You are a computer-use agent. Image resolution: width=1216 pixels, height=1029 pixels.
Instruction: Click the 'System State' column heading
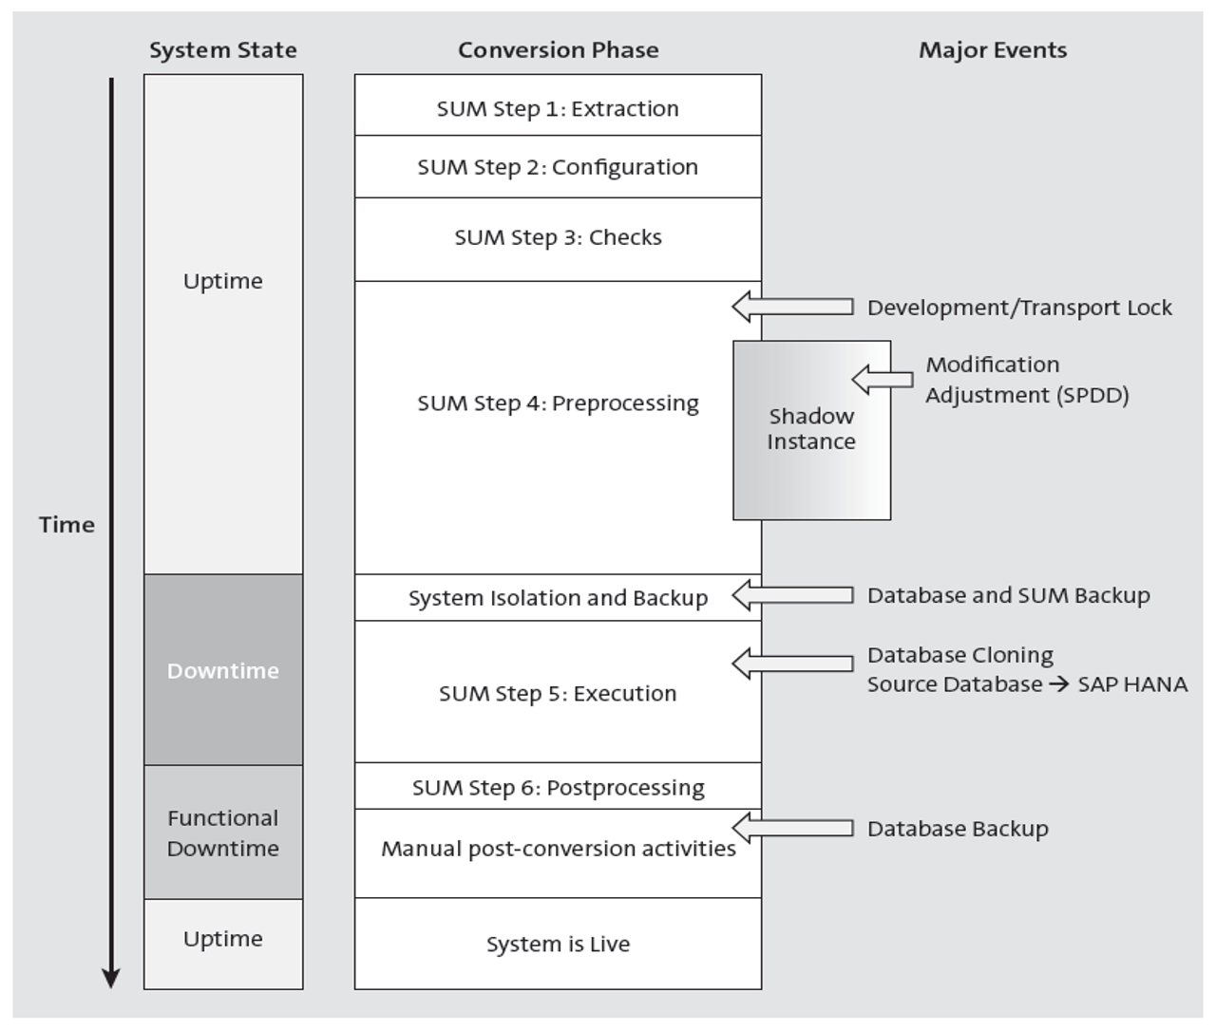(x=222, y=50)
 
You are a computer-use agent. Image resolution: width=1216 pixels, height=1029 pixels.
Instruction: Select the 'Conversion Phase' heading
(x=558, y=50)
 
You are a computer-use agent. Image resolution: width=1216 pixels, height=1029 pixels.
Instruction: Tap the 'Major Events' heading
(x=992, y=50)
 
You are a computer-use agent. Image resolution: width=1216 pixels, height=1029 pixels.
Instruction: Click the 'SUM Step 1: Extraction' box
(x=558, y=108)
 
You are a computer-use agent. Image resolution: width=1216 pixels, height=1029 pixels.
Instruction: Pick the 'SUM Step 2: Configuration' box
(x=558, y=167)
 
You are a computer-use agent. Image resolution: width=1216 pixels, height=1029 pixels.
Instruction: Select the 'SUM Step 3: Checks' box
(x=558, y=237)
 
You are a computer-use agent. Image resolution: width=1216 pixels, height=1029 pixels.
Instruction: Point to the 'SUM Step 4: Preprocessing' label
(x=558, y=403)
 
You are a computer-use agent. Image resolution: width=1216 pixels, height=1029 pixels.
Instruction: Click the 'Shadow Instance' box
(x=811, y=429)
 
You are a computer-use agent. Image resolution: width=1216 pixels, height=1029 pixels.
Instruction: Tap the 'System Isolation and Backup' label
(x=558, y=598)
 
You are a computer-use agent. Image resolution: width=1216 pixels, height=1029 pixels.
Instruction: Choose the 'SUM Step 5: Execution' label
(x=558, y=694)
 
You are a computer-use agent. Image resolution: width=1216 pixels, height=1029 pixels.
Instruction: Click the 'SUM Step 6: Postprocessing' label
(x=558, y=788)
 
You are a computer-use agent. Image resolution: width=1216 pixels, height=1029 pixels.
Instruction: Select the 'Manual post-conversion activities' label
(x=558, y=849)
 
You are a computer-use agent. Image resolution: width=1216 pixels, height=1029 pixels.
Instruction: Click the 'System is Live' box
(x=558, y=945)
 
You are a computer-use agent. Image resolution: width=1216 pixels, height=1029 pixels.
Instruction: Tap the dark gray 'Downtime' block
(x=223, y=670)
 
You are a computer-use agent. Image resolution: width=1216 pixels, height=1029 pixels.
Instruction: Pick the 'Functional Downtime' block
(x=223, y=833)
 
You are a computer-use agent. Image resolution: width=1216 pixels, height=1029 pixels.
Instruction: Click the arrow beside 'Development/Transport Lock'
(x=792, y=307)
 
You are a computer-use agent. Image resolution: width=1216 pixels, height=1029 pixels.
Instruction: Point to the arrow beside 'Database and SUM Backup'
(x=792, y=595)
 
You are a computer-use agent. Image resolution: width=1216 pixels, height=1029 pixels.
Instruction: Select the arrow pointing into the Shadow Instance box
(x=882, y=380)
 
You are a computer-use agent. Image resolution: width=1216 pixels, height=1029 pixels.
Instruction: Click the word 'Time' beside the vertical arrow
(x=66, y=525)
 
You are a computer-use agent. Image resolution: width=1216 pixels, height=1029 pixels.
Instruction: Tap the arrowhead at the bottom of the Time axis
(x=111, y=978)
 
